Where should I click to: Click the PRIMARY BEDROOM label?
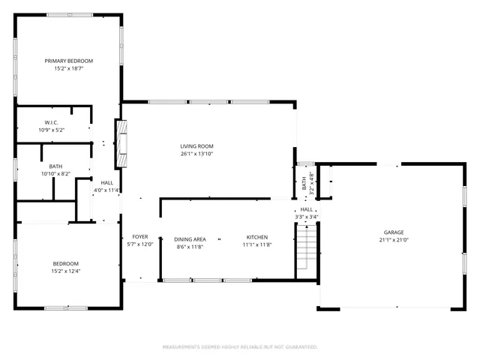coord(68,61)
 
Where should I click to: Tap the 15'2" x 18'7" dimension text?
coord(68,68)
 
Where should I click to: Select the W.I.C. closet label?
coord(52,122)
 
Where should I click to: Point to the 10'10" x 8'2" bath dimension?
coord(55,174)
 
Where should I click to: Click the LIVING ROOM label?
coord(196,145)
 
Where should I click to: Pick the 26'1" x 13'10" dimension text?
coord(196,154)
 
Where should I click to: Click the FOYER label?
coord(140,237)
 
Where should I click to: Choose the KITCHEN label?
coord(256,238)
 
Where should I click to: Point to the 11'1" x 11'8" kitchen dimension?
coord(256,245)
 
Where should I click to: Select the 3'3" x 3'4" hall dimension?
coord(307,217)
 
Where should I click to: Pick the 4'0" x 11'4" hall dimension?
coord(106,190)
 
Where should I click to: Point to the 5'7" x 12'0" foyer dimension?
coord(140,244)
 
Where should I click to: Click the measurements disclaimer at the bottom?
coord(240,347)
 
